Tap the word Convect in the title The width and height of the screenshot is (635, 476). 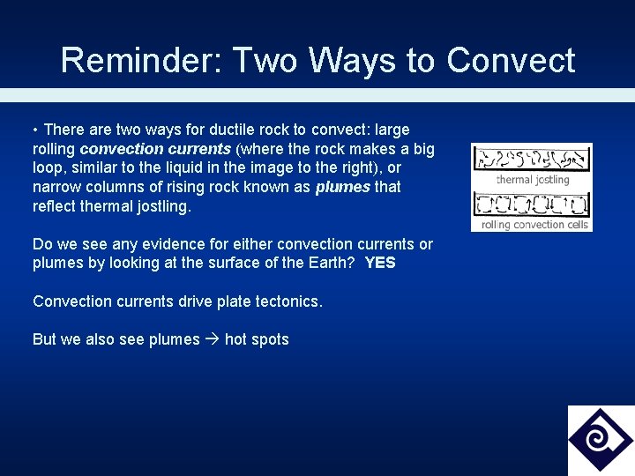click(511, 60)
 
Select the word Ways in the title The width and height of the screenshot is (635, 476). click(339, 60)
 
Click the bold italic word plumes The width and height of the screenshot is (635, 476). click(342, 187)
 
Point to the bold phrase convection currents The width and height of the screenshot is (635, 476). click(155, 149)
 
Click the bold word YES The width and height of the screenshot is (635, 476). click(380, 264)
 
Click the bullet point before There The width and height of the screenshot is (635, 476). click(36, 130)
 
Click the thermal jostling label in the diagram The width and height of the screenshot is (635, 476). click(533, 180)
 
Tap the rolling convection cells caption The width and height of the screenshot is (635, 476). click(534, 225)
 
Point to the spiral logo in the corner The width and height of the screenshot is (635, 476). click(600, 440)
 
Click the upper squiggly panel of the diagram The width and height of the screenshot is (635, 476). click(531, 159)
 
